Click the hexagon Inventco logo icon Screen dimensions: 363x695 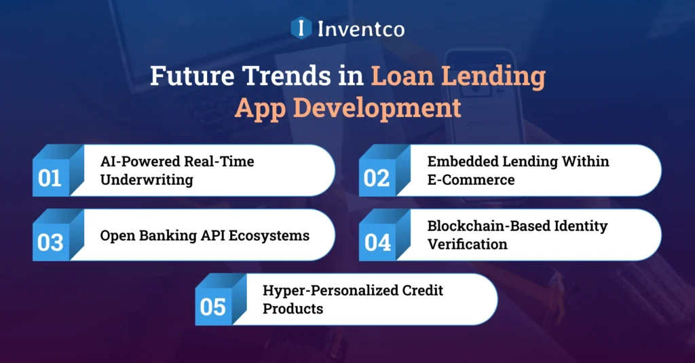300,29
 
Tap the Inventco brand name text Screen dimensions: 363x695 360,29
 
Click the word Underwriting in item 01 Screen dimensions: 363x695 146,180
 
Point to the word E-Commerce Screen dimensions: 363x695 470,180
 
